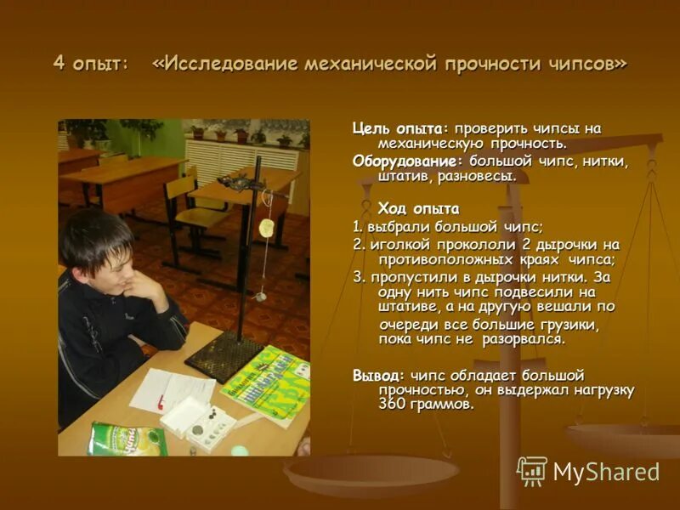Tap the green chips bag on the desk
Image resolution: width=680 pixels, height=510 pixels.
coord(127,439)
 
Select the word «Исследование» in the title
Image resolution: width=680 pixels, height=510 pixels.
coord(225,64)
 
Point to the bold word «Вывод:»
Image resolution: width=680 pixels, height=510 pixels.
coord(379,375)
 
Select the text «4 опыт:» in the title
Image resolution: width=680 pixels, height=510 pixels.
coord(90,64)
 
